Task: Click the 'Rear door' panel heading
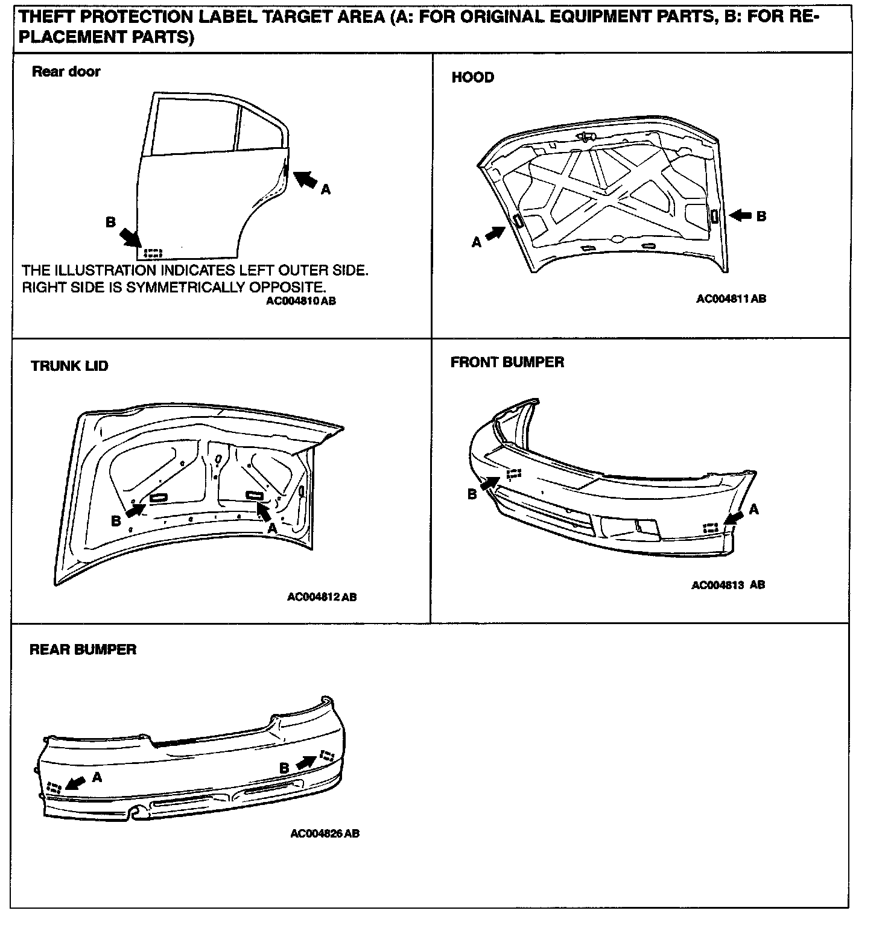[66, 72]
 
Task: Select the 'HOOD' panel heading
[472, 77]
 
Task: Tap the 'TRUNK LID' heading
[69, 366]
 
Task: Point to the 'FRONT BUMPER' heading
[507, 362]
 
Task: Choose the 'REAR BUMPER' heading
[83, 649]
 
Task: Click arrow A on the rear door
[306, 179]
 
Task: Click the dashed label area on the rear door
[154, 252]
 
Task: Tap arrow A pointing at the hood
[495, 233]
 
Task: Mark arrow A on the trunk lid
[264, 511]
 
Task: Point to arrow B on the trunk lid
[136, 511]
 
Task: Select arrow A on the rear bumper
[75, 783]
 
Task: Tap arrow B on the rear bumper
[306, 763]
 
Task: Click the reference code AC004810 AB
[300, 301]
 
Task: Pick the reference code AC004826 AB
[325, 834]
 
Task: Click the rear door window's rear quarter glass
[261, 128]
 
